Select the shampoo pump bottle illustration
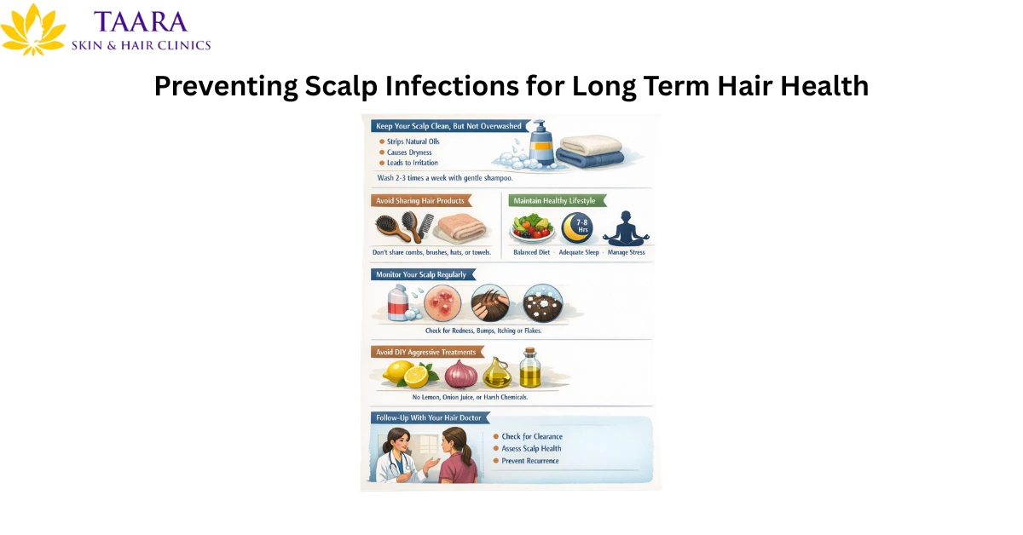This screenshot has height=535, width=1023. coord(540,145)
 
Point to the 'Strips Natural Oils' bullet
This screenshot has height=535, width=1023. coord(413,141)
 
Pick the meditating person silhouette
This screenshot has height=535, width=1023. coord(625,229)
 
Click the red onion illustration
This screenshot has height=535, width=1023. coord(461,373)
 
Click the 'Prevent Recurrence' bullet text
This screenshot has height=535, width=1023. coord(529,461)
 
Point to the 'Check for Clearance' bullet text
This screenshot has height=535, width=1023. coord(531,437)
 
